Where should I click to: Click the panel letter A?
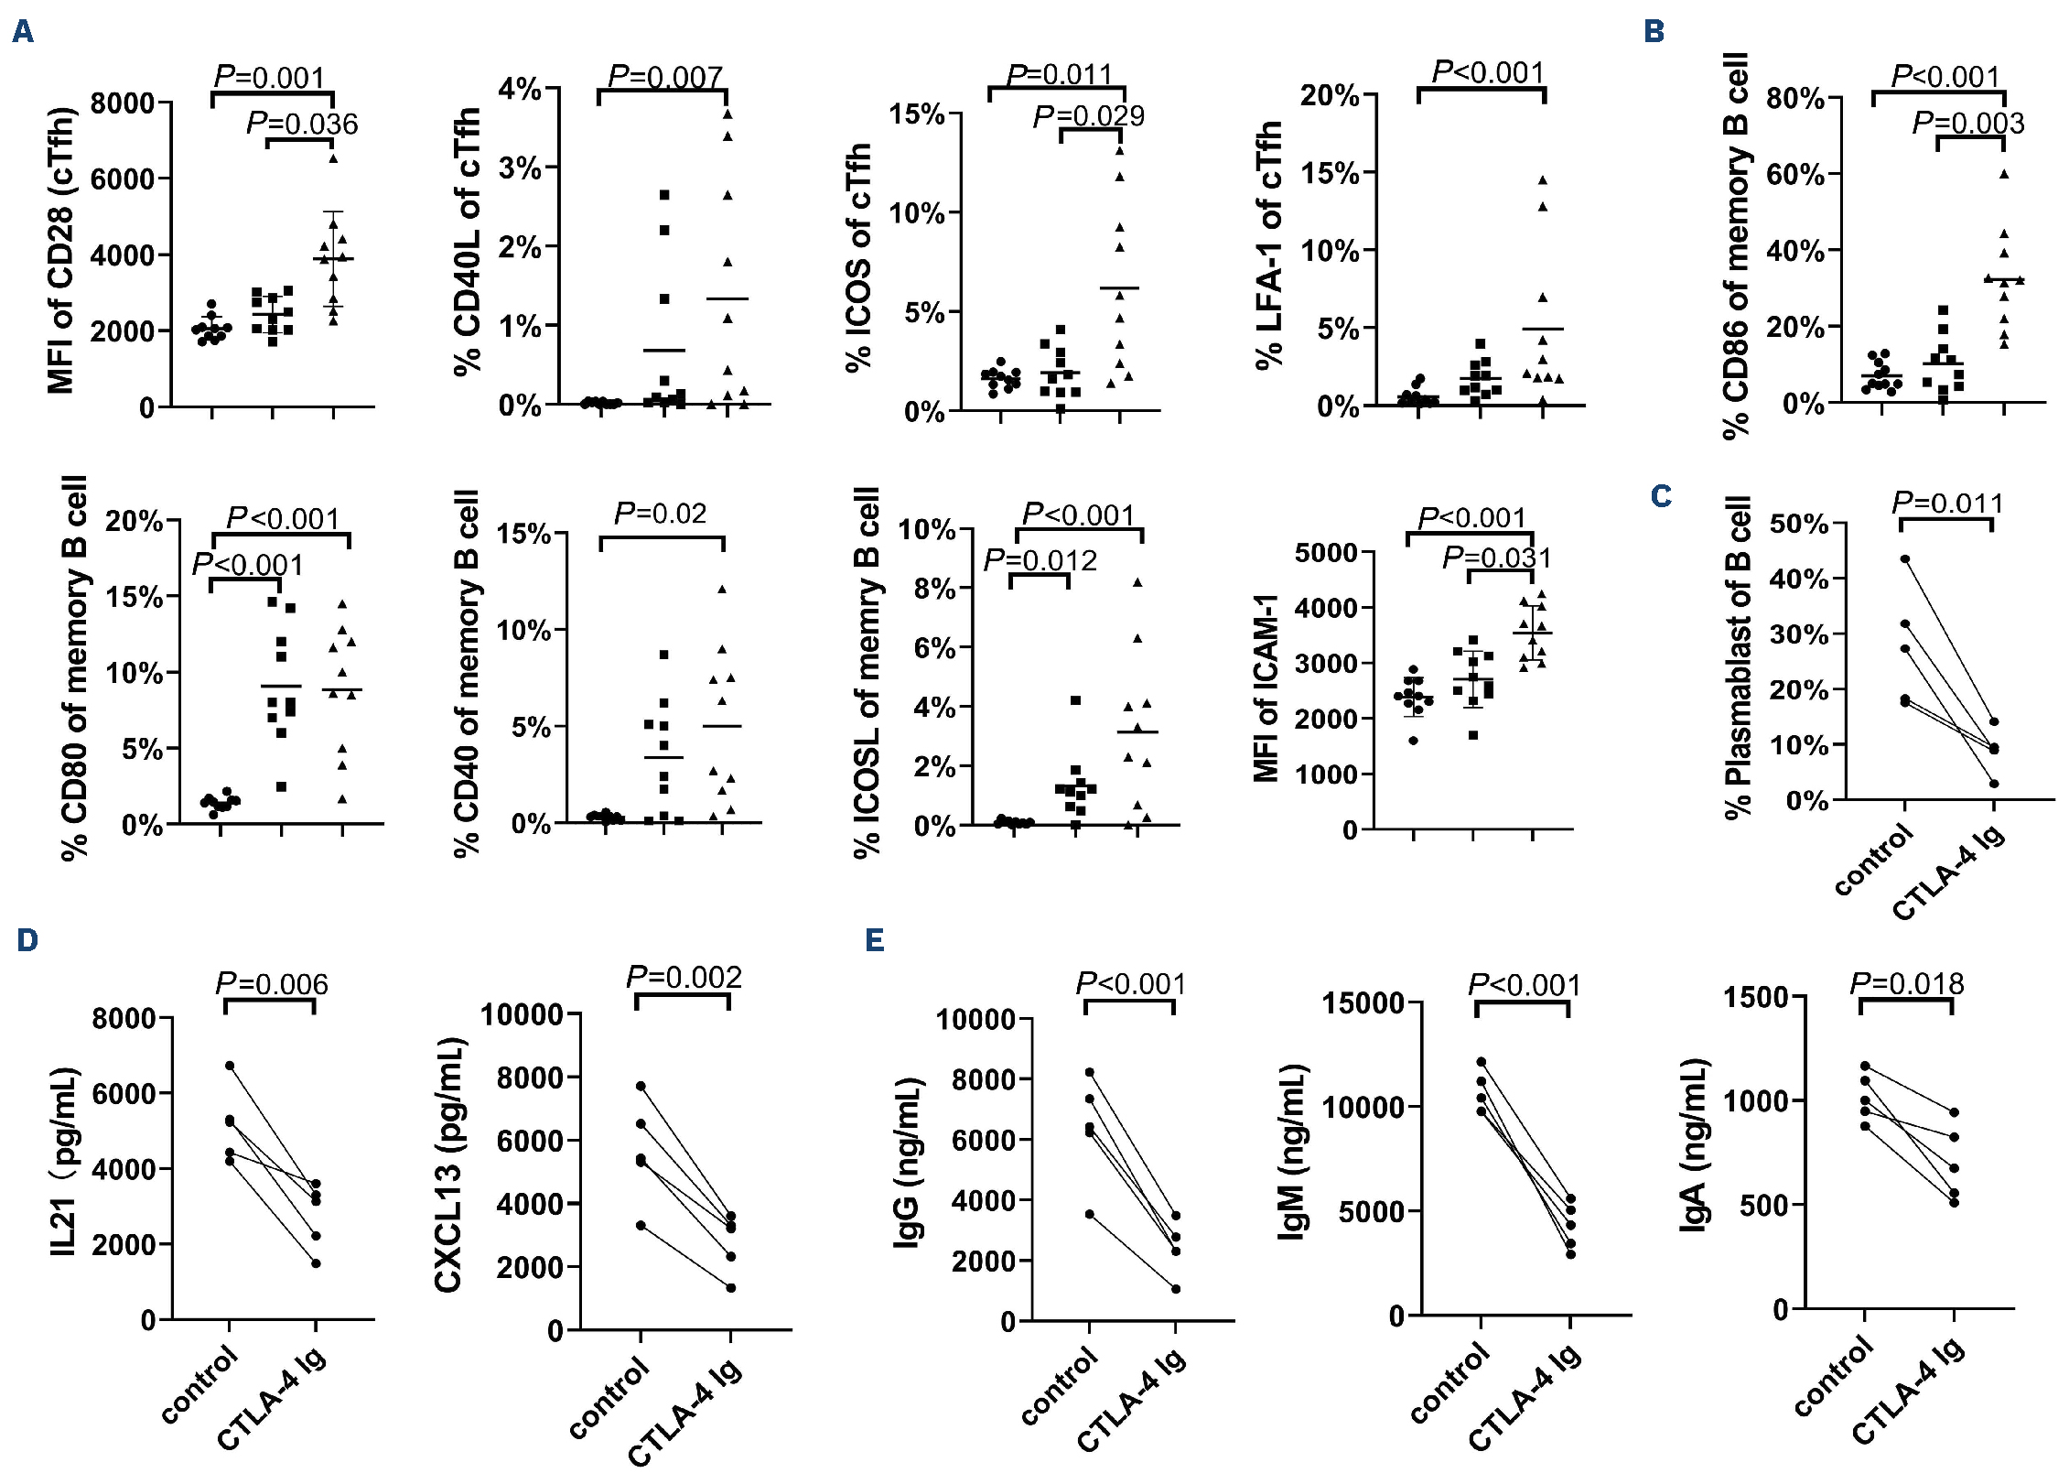point(23,33)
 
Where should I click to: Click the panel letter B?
point(1654,32)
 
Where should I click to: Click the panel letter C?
point(1661,497)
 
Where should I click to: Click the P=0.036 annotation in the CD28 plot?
point(302,124)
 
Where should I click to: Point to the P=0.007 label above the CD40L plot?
point(665,77)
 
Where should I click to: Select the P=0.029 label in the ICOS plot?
point(1088,116)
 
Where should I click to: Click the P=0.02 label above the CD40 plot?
point(660,514)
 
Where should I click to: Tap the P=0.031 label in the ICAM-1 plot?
point(1497,558)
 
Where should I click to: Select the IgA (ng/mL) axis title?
point(1694,1144)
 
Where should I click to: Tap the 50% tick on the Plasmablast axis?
point(1799,525)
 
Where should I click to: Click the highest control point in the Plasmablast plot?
point(1905,558)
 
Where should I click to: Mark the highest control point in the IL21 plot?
point(230,1066)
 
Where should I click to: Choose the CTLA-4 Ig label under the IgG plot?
point(1132,1401)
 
